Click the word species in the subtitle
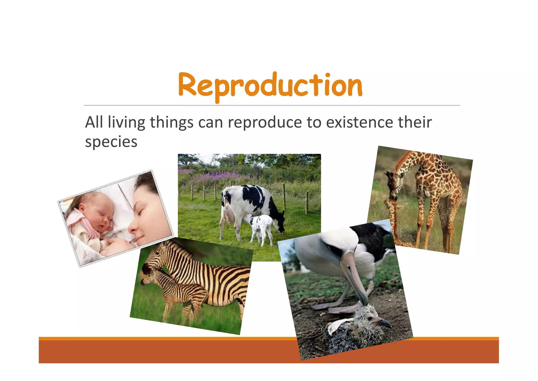click(x=111, y=142)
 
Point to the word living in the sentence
click(x=126, y=123)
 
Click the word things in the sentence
click(x=172, y=123)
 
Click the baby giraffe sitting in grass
click(x=394, y=224)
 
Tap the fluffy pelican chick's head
click(x=373, y=316)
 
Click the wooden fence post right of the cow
click(x=307, y=203)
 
